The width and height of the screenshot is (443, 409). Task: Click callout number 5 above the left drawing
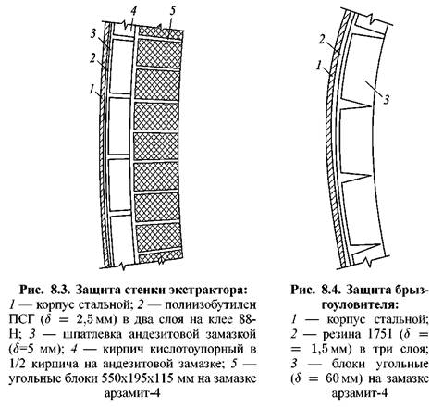(172, 11)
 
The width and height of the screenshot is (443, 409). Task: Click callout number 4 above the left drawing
(133, 11)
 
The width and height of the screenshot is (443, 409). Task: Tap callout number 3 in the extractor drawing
(93, 33)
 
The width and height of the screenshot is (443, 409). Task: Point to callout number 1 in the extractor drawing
(92, 90)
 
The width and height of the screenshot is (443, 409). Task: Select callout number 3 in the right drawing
(387, 99)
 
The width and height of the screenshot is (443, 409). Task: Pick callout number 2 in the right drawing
(322, 41)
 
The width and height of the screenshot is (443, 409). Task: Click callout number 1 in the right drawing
(319, 66)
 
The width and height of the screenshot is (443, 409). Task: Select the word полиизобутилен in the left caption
(211, 305)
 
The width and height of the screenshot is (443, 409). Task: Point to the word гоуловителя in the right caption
(360, 305)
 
